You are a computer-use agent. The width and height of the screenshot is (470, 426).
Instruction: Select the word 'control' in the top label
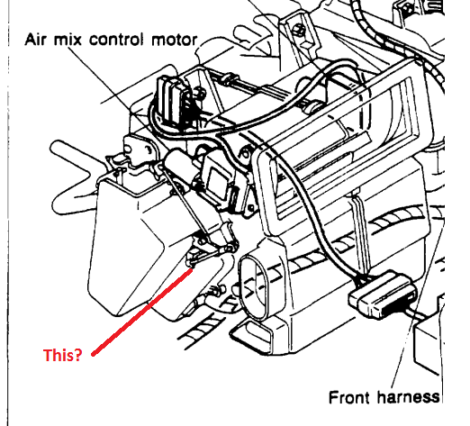[116, 40]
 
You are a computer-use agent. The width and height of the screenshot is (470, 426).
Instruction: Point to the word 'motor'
[175, 41]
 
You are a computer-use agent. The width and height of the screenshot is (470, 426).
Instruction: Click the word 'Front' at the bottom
[349, 397]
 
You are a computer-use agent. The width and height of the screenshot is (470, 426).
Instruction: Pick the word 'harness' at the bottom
[409, 397]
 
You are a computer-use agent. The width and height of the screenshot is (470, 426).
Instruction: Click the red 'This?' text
[62, 355]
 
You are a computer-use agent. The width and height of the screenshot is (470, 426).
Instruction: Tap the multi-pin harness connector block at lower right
[383, 294]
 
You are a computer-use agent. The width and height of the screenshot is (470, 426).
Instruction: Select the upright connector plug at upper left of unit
[170, 101]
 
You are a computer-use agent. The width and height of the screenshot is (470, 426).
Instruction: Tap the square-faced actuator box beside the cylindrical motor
[218, 183]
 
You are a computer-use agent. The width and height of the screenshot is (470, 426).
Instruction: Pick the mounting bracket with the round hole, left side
[139, 150]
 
